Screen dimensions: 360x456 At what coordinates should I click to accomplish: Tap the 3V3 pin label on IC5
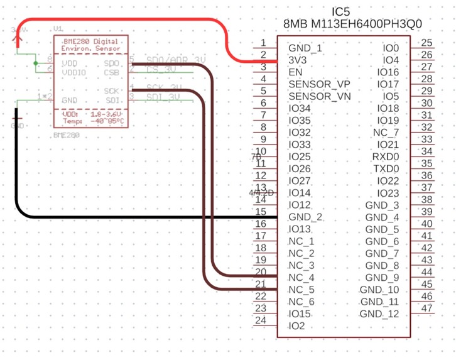click(x=298, y=60)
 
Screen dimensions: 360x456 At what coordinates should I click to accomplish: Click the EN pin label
click(x=296, y=72)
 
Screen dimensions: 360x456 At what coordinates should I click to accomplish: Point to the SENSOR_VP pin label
click(x=319, y=84)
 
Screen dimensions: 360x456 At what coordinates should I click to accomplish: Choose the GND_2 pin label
click(x=306, y=217)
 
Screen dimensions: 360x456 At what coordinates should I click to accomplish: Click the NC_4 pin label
click(x=301, y=278)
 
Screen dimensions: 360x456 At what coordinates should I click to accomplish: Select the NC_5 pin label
click(x=301, y=290)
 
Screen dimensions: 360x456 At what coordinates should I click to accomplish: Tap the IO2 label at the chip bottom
click(x=297, y=326)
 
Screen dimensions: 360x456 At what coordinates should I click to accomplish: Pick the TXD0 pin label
click(x=386, y=169)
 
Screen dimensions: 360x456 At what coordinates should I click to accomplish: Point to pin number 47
click(x=427, y=308)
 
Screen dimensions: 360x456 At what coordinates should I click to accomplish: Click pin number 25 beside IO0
click(x=427, y=43)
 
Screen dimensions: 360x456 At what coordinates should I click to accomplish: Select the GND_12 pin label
click(x=379, y=314)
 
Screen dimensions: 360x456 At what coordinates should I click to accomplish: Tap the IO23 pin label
click(x=388, y=193)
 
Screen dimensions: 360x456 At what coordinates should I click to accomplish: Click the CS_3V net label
click(x=161, y=69)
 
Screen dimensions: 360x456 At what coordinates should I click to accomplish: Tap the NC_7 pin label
click(x=386, y=133)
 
